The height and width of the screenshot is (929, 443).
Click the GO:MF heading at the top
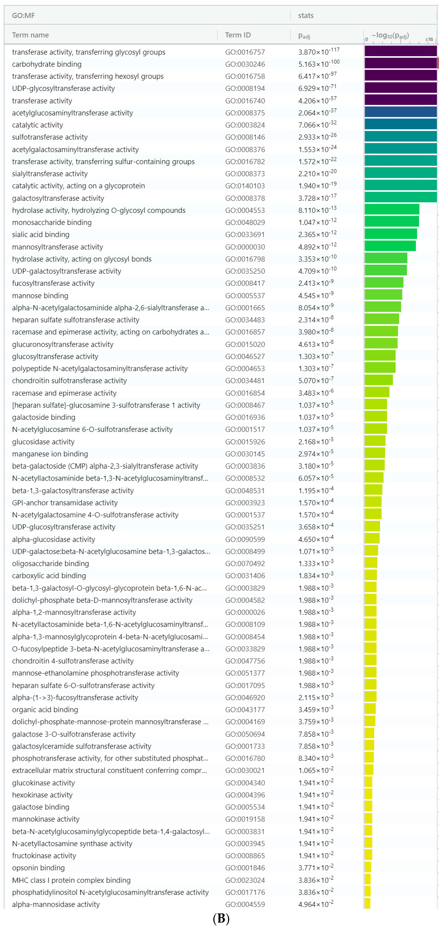(x=23, y=16)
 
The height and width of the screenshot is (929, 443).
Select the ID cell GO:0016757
(x=245, y=52)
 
